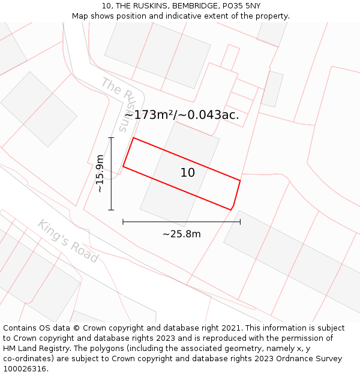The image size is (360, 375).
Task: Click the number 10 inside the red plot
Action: tap(188, 173)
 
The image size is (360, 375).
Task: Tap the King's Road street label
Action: tap(68, 241)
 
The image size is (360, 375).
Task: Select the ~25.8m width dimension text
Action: tap(181, 234)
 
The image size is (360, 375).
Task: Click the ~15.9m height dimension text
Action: tap(100, 173)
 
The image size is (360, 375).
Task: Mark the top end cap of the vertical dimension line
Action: tap(111, 137)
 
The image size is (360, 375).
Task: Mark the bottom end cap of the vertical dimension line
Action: tap(111, 210)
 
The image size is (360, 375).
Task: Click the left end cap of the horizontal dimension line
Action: tap(123, 222)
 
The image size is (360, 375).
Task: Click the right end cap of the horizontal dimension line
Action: tap(240, 222)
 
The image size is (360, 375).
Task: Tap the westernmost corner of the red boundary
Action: tap(123, 166)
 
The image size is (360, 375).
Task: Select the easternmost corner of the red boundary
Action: tap(240, 181)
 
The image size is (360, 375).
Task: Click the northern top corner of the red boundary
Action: tap(133, 137)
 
